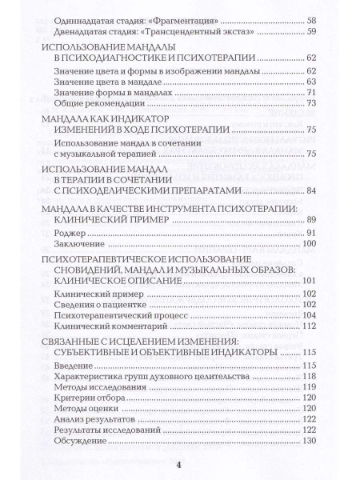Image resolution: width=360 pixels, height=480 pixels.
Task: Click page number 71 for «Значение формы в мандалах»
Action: (x=312, y=93)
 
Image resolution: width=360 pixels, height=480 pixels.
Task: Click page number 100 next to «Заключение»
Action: (x=310, y=244)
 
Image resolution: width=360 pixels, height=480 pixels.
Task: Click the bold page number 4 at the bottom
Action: (x=180, y=466)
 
